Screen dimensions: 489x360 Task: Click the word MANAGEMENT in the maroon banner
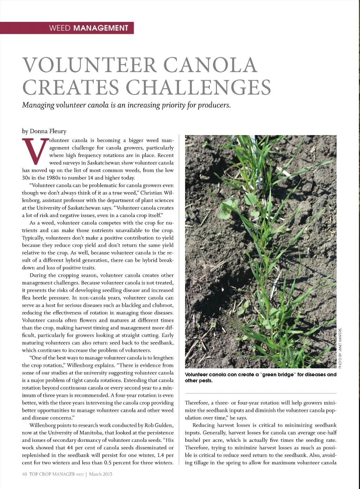101,28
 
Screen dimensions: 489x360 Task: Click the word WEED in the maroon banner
60,28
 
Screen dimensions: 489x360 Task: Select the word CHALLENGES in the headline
198,87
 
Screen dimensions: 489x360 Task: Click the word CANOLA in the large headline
210,65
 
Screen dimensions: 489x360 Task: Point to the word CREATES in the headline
71,87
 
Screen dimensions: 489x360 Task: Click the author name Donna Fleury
48,131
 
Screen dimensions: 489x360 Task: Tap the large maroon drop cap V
35,151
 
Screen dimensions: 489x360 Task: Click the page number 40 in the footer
25,474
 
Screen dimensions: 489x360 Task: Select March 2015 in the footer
101,474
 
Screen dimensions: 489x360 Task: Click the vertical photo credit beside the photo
340,348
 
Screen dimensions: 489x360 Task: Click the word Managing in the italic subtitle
38,105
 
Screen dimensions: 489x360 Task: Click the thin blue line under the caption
261,393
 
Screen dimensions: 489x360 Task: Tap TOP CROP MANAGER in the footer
52,474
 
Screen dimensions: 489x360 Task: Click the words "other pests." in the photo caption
199,381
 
